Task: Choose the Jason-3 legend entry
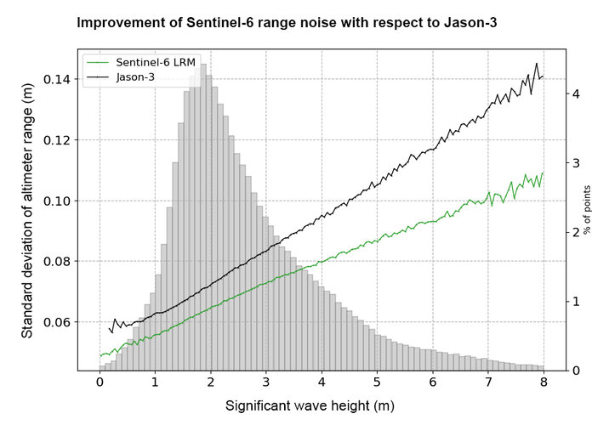pos(136,77)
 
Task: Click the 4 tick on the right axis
pos(577,93)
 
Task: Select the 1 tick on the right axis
pos(577,302)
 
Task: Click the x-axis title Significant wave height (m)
pos(310,405)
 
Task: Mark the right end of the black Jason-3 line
pos(543,76)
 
